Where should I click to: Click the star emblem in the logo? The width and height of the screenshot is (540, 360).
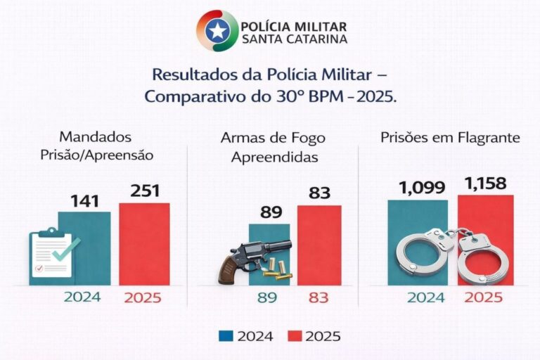[217, 31]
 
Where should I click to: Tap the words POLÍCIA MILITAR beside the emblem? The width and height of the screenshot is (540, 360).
[293, 25]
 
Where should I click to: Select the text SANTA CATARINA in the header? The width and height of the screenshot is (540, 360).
[293, 39]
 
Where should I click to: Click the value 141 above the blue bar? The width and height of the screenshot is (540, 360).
[84, 200]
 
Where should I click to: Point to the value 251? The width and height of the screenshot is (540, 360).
[145, 191]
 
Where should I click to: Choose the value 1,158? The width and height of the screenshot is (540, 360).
[486, 185]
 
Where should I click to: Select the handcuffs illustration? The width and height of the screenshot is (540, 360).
[453, 254]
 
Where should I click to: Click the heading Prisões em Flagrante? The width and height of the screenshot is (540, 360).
[450, 138]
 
